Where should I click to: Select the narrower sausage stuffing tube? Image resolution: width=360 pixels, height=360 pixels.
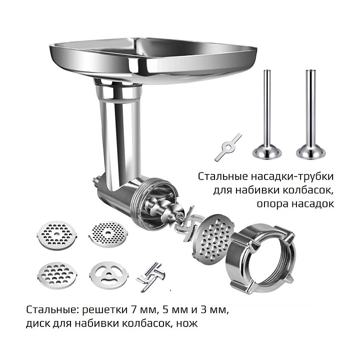(267, 115)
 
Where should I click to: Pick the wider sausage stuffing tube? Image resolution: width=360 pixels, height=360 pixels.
(310, 115)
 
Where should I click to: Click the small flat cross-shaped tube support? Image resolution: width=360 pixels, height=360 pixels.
(228, 147)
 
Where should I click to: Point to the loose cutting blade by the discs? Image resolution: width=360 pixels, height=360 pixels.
(151, 276)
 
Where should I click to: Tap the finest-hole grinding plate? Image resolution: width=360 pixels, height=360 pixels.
(107, 233)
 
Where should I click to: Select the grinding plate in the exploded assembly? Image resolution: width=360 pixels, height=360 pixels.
(212, 236)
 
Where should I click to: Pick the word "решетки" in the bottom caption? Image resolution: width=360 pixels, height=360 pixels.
(104, 310)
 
